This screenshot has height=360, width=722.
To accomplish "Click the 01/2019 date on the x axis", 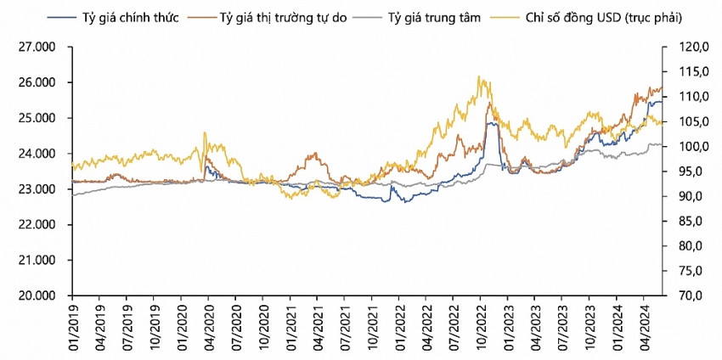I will coord(72,327).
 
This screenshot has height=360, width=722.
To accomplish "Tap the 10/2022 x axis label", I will coord(481,327).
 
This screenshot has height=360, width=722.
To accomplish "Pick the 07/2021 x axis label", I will coord(345,327).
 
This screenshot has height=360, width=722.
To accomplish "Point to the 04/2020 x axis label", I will coord(209,327).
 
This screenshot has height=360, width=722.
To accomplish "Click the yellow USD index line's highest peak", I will coord(480,76).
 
